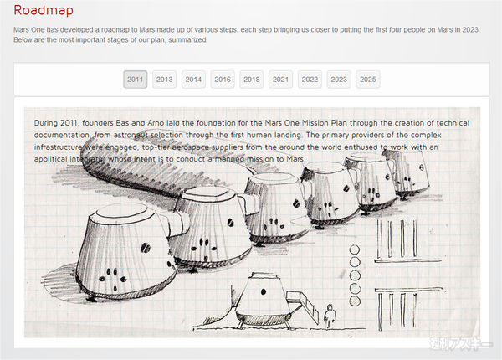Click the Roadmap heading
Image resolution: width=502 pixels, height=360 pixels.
coord(44,10)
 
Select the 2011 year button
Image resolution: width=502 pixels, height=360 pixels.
coord(135,80)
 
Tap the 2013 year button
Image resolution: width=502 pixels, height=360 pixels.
coord(164,80)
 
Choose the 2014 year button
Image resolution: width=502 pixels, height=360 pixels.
coord(193,80)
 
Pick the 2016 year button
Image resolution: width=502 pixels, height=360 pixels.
coord(223,80)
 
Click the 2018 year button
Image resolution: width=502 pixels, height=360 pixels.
coord(252,80)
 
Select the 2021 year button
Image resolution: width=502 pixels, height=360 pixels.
coord(281,80)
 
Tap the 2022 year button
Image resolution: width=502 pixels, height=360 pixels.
coord(310,80)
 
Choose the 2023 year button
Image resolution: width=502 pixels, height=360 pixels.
coord(339,80)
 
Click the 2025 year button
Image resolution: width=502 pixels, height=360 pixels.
coord(368,80)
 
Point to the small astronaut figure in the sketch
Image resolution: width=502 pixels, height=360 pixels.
coord(329,316)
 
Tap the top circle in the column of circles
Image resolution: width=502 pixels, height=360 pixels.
coord(355,249)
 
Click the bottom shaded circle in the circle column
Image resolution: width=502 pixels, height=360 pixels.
coord(355,301)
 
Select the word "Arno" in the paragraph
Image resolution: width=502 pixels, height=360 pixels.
coord(156,123)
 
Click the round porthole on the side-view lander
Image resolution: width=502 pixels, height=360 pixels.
coord(264,291)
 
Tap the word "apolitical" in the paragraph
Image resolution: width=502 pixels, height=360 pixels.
coord(50,160)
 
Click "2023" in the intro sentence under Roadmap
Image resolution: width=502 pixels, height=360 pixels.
coord(470,30)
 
